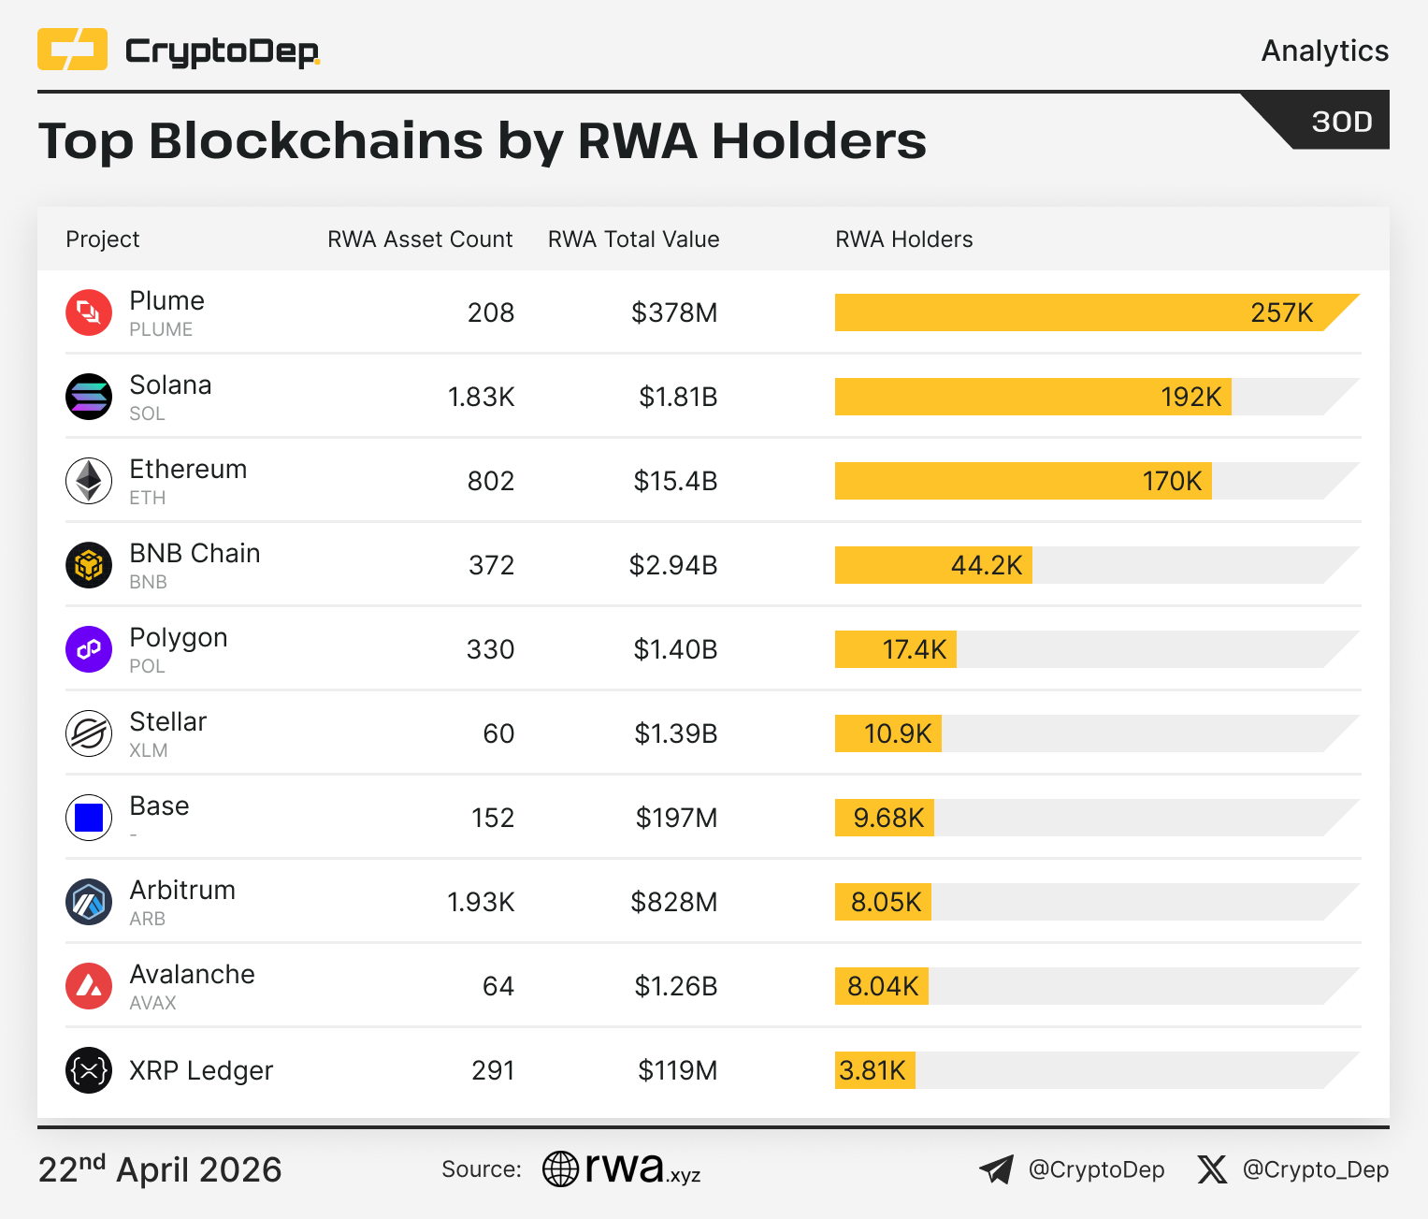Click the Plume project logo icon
[89, 312]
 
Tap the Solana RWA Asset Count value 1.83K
[481, 397]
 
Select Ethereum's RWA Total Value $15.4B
[675, 481]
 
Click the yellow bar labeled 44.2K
[933, 565]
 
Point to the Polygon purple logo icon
[89, 649]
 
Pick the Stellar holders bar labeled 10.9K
[888, 733]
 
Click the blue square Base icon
[89, 818]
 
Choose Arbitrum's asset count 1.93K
[481, 902]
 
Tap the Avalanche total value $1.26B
[675, 986]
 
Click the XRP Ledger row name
[201, 1070]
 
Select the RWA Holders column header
[903, 239]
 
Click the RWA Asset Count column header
[420, 239]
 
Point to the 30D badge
[1341, 122]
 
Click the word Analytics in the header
[1324, 51]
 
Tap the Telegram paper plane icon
[997, 1169]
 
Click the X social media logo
[1212, 1169]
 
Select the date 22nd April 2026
[160, 1169]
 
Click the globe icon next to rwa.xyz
[561, 1168]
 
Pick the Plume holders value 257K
[1281, 312]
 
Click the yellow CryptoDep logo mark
[72, 50]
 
